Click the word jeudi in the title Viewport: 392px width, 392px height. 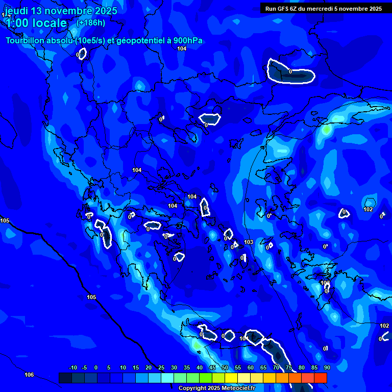point(16,11)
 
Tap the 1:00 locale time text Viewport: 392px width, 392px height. point(36,23)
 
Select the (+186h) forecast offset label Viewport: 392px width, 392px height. point(90,22)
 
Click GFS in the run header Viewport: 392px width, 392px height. point(283,9)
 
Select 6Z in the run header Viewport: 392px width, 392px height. point(295,9)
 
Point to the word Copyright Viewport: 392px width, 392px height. point(192,388)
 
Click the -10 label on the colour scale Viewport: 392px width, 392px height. point(72,367)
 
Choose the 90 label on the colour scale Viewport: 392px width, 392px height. point(327,367)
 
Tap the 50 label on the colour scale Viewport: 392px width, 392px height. point(225,367)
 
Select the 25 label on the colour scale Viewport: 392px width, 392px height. point(161,367)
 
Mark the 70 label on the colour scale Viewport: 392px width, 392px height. point(276,367)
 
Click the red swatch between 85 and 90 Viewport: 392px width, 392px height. point(321,378)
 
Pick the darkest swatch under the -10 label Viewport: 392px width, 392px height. point(65,378)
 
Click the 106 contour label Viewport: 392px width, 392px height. point(29,375)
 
